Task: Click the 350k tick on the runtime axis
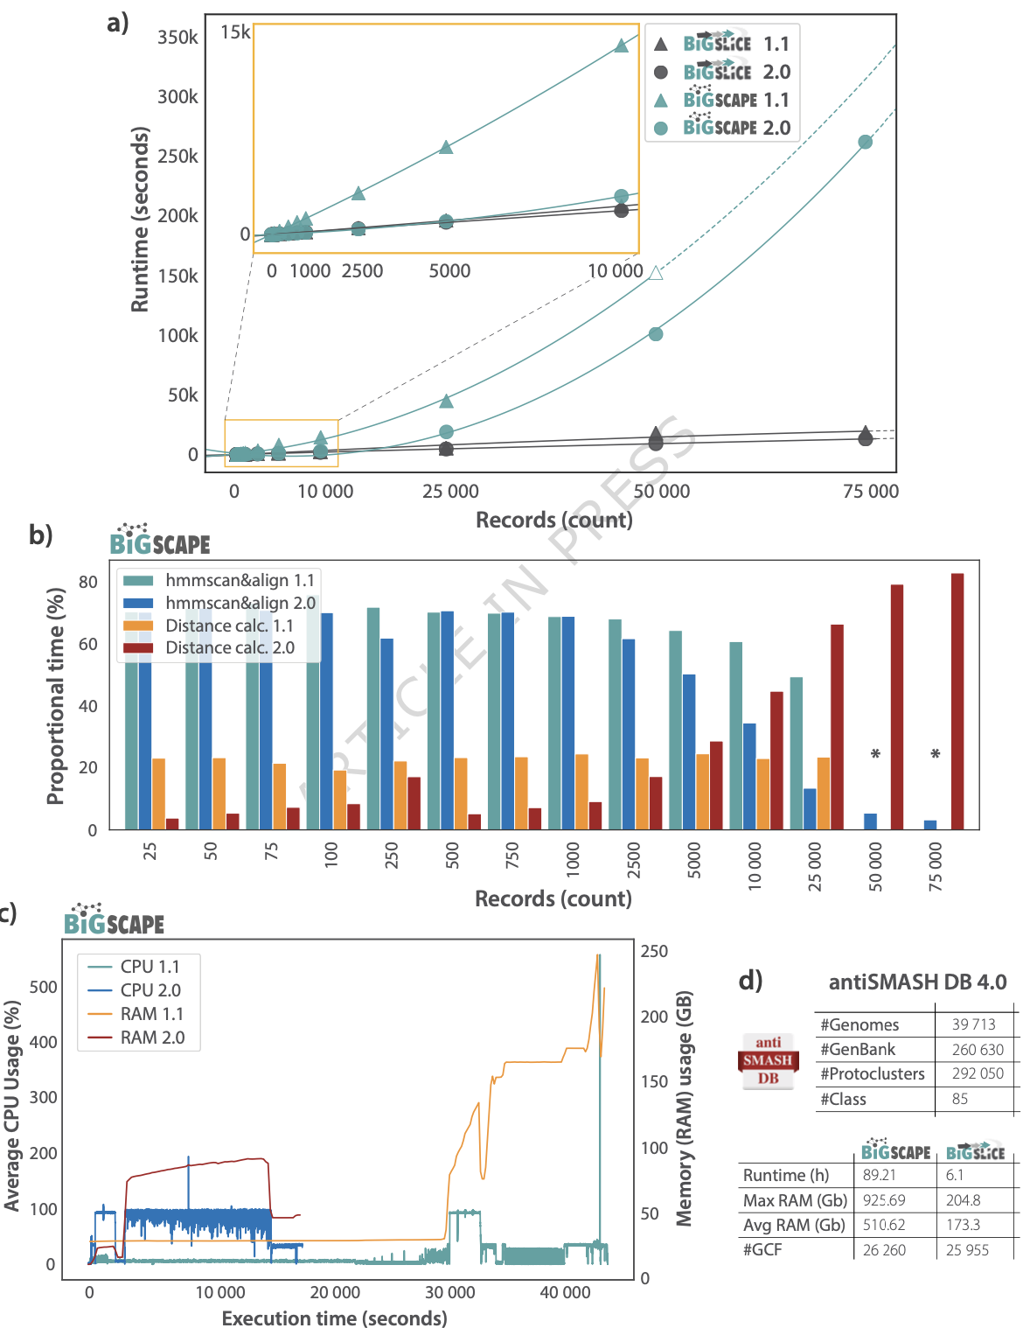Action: tap(177, 38)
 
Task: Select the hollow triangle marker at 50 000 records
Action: tap(656, 273)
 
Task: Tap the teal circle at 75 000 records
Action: tap(865, 142)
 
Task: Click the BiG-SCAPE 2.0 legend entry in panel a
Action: tap(735, 128)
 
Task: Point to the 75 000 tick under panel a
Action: tap(870, 492)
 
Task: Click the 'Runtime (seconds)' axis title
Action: tap(140, 219)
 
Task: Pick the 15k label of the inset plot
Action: tap(235, 33)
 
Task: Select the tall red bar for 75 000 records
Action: tap(957, 701)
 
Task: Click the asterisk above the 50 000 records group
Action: tap(875, 754)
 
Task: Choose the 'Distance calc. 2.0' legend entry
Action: tap(229, 648)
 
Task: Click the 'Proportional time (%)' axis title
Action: tap(56, 696)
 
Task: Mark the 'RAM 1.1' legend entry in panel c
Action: tap(151, 1014)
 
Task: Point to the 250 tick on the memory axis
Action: tap(654, 952)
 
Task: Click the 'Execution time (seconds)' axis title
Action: tap(334, 1318)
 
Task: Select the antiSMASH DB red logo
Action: tap(768, 1060)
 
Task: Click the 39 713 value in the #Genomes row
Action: tap(973, 1024)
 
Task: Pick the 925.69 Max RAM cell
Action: tap(884, 1200)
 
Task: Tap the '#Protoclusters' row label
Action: tap(872, 1074)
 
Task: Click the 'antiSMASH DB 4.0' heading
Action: tap(917, 982)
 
